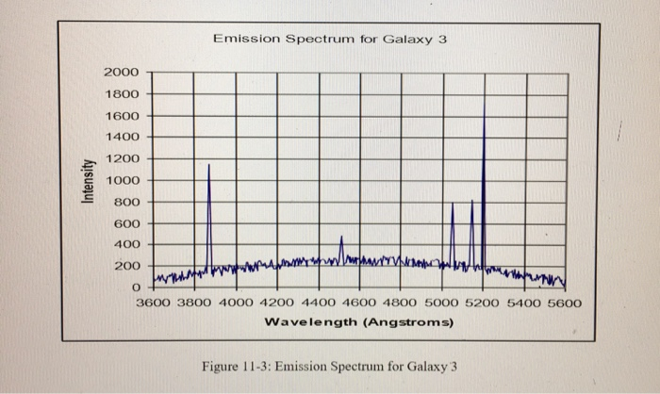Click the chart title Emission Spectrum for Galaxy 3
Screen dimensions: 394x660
point(329,39)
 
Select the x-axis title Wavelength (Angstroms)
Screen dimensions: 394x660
point(359,322)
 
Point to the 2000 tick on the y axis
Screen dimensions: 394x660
point(123,73)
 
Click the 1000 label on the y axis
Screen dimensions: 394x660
point(123,180)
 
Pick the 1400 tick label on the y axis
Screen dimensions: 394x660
point(123,138)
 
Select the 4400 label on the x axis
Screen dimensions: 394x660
point(318,304)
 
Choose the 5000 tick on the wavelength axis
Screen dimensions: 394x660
point(442,304)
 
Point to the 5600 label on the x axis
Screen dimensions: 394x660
point(566,304)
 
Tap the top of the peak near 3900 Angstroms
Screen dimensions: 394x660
point(208,165)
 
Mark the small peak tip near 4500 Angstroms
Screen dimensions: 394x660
point(341,236)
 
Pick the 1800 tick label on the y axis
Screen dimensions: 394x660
point(123,94)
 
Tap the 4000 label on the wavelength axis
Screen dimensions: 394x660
point(235,304)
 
